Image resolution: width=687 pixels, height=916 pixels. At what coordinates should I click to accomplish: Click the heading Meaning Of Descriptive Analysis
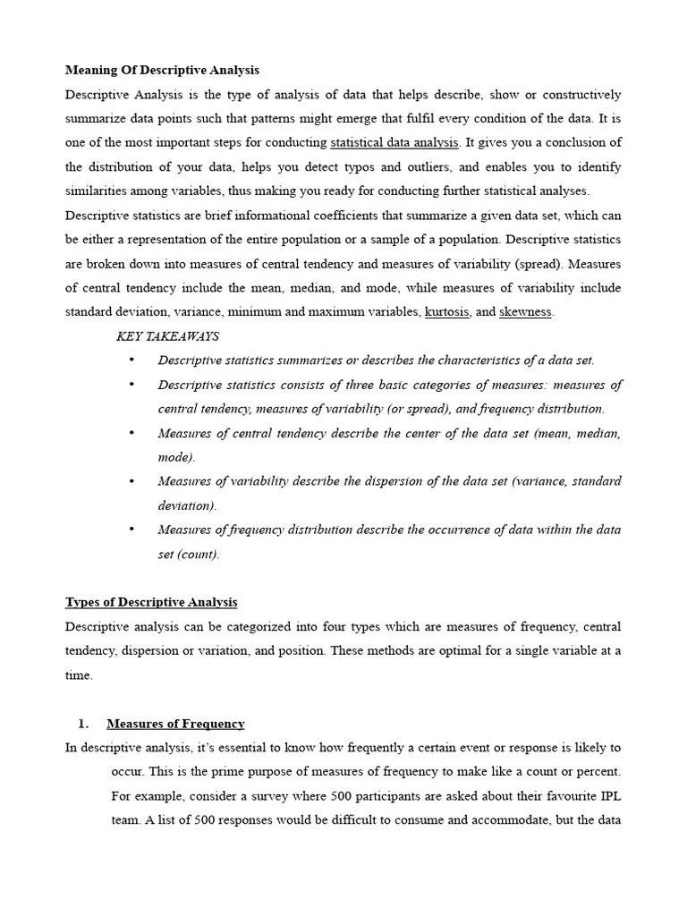pyautogui.click(x=162, y=70)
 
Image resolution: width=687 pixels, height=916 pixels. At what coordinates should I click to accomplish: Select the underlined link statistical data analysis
pyautogui.click(x=394, y=142)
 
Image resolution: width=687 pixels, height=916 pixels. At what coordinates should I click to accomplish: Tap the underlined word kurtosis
pyautogui.click(x=446, y=311)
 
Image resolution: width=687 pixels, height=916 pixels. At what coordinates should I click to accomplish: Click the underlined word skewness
pyautogui.click(x=526, y=311)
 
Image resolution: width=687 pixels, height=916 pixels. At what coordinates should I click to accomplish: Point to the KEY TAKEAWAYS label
pyautogui.click(x=167, y=336)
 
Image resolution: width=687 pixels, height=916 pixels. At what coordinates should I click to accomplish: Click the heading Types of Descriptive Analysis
pyautogui.click(x=151, y=602)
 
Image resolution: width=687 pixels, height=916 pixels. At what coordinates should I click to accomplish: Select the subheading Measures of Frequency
pyautogui.click(x=175, y=724)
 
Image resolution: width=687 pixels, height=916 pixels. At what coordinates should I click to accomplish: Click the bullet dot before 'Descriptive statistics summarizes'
pyautogui.click(x=131, y=360)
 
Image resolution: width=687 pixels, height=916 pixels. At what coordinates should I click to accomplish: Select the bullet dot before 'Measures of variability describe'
pyautogui.click(x=131, y=480)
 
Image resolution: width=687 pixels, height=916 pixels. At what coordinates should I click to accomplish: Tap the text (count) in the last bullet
pyautogui.click(x=201, y=554)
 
